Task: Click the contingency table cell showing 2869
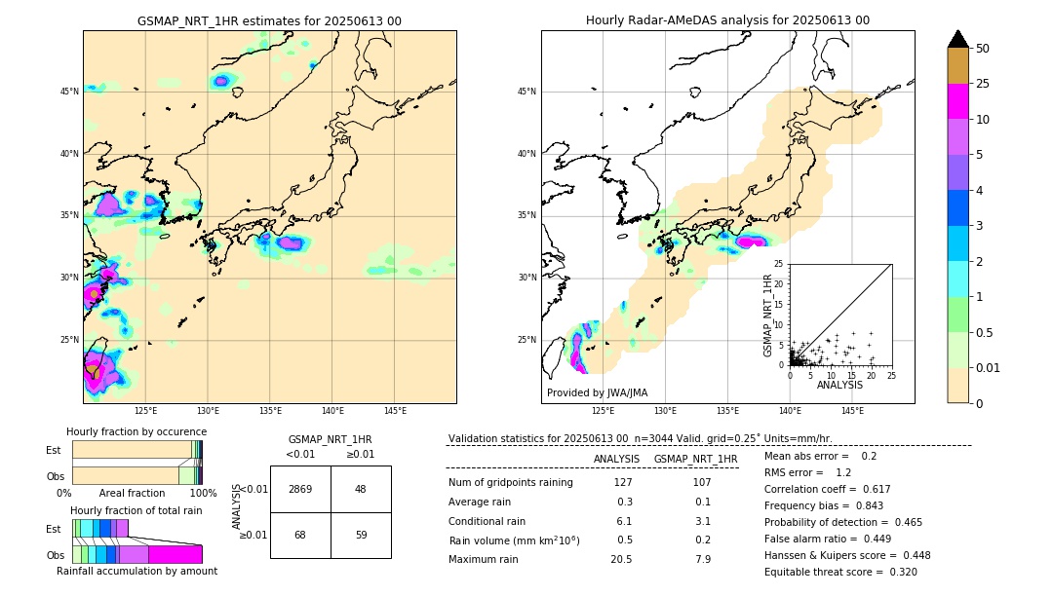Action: coord(300,489)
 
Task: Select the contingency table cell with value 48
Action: coord(360,489)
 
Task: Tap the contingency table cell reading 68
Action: coord(300,535)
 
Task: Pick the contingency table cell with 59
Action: coord(360,535)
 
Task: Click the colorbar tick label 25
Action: coord(983,84)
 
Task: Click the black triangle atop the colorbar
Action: coord(958,39)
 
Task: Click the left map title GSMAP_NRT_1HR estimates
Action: coord(269,20)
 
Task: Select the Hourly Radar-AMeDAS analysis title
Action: coord(727,20)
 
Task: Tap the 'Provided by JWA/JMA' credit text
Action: coord(597,392)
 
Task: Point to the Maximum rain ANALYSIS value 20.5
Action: coord(621,559)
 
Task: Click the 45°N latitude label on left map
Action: coord(69,92)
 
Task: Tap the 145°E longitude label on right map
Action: coord(852,411)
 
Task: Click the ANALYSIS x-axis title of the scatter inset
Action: coord(839,385)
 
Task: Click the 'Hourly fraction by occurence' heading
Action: coord(136,431)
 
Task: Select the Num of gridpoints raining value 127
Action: coord(623,482)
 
